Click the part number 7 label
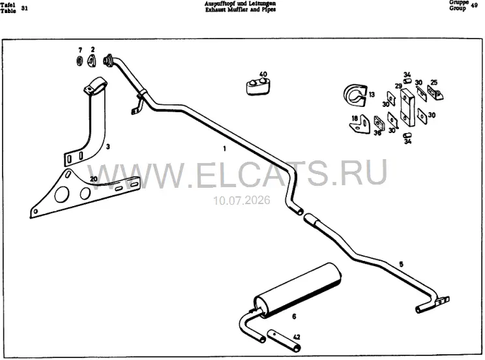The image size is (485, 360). (80, 50)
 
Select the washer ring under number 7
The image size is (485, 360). (80, 61)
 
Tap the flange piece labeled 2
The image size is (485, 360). (91, 61)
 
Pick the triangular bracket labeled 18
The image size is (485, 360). (360, 125)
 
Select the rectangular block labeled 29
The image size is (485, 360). (407, 107)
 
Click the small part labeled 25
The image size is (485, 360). (435, 92)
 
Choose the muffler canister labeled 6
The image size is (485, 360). (297, 290)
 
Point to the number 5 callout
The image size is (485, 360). (401, 264)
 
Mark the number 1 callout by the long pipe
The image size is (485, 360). (224, 149)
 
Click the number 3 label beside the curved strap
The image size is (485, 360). (108, 147)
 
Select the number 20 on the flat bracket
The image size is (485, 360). (93, 179)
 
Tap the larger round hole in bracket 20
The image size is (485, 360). (61, 194)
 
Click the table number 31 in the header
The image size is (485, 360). (24, 8)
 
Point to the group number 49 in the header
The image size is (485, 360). (474, 5)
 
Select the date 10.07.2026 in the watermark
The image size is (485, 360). (242, 200)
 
